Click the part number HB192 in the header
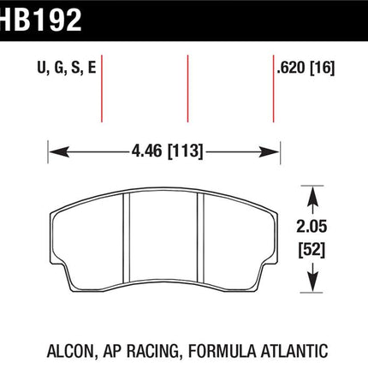coord(41,21)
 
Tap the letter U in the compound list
coord(42,68)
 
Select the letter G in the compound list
coord(59,68)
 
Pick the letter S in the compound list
coord(75,68)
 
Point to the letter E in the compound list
coord(92,68)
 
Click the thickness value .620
coord(291,68)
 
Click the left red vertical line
coord(102,88)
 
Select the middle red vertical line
coord(187,88)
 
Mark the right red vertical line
coord(273,88)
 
